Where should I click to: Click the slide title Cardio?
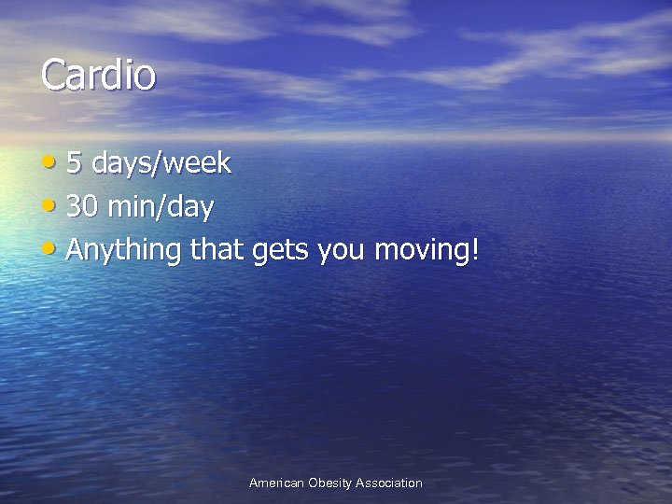coord(97,76)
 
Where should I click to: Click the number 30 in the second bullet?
coord(81,206)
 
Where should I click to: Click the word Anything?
coord(124,250)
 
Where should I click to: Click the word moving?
coord(422,250)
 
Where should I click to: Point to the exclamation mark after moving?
coord(474,249)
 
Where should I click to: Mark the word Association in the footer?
coord(389,483)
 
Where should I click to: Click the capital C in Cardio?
coord(53,76)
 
